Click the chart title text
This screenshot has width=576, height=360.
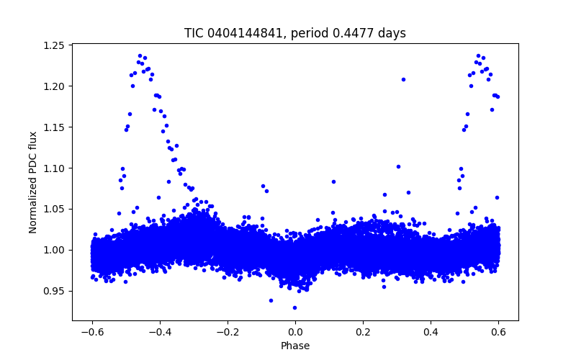click(295, 33)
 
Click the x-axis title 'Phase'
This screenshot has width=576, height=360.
click(295, 346)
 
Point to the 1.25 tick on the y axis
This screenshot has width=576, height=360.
click(56, 45)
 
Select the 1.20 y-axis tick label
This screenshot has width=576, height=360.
click(56, 86)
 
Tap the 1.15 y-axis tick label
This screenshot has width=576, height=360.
click(56, 127)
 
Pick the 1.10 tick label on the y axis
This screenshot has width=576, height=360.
click(56, 168)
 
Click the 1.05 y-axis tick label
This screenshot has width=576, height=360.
click(56, 209)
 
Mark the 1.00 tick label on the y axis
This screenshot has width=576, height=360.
click(56, 250)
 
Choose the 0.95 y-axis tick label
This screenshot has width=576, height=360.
click(56, 291)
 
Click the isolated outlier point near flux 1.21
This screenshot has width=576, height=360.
click(403, 79)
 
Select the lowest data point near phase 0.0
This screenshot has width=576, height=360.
click(294, 307)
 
